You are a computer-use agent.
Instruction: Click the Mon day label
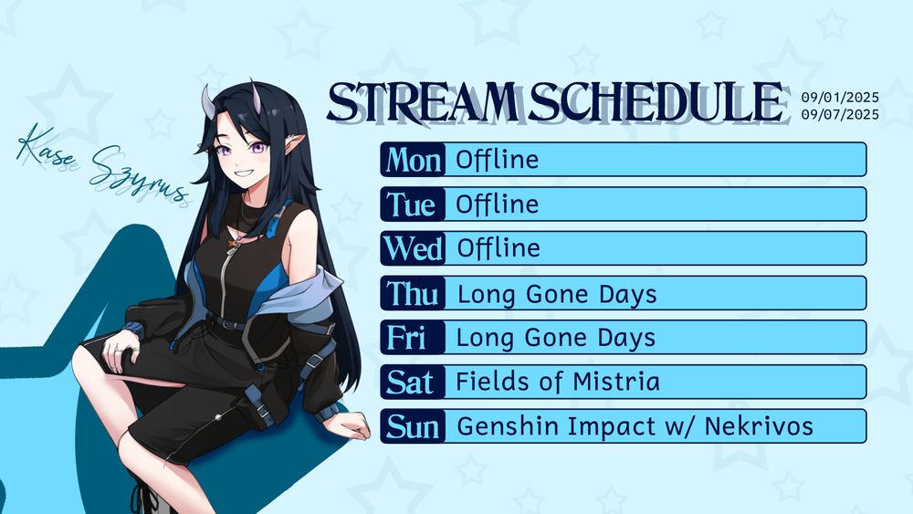click(x=413, y=160)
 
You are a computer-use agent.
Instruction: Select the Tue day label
click(x=411, y=205)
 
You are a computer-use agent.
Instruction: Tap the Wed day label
click(x=413, y=248)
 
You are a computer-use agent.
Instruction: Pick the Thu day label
click(x=413, y=293)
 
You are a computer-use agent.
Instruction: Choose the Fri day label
click(x=406, y=338)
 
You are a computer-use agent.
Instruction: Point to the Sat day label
click(x=410, y=383)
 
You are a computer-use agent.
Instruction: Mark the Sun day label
click(x=413, y=426)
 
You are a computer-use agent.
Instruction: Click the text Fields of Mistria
click(x=557, y=382)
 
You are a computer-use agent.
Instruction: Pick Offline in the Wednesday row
click(x=498, y=248)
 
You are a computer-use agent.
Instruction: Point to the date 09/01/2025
click(x=840, y=97)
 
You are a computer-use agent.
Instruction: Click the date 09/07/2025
click(x=840, y=114)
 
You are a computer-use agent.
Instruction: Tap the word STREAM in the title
click(x=423, y=102)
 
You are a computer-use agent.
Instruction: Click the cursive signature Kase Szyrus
click(x=102, y=164)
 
